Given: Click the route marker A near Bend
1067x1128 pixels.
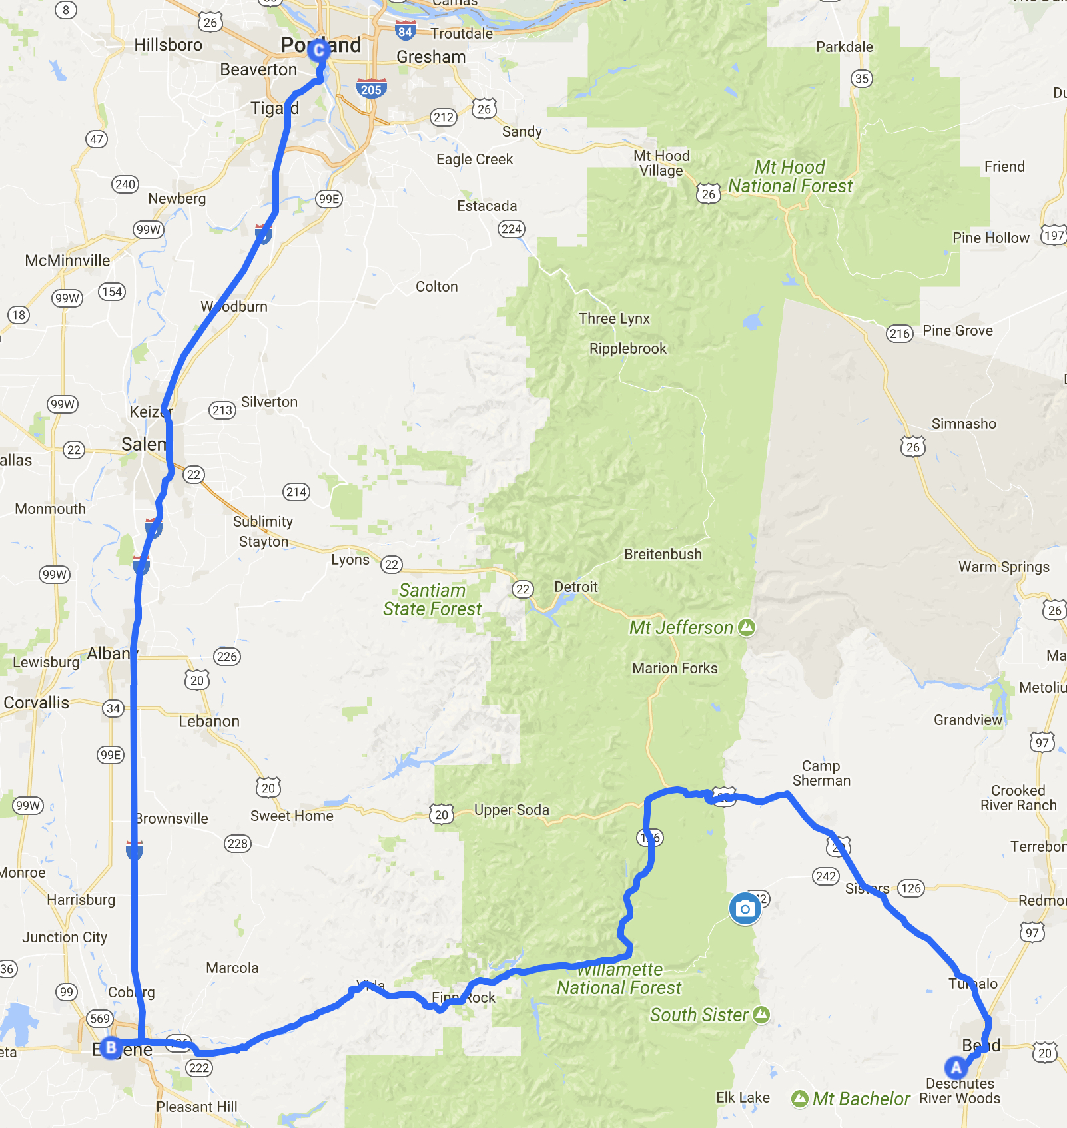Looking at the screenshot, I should tap(956, 1067).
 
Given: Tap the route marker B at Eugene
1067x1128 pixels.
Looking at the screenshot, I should tap(111, 1047).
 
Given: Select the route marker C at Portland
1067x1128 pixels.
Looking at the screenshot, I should tap(319, 49).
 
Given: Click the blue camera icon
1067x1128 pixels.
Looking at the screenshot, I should tap(745, 909).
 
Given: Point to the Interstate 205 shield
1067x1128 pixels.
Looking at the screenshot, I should tap(371, 89).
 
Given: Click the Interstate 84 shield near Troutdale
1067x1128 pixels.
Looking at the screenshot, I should tap(405, 31).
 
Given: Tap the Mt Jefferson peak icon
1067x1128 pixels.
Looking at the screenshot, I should tap(747, 627).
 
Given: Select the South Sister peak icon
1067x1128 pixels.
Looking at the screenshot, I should tap(761, 1014).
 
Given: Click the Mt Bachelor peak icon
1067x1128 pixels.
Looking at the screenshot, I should tap(800, 1099).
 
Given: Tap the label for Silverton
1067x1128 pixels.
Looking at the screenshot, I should tap(269, 402).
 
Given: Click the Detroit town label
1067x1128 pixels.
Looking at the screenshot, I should tap(576, 587).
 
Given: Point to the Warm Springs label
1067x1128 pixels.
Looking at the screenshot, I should tap(1004, 567).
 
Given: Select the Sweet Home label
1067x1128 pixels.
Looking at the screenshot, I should tap(292, 816).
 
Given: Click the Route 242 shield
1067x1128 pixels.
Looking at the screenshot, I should tap(826, 876).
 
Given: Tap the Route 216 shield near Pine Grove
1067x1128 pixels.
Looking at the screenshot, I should tap(900, 334).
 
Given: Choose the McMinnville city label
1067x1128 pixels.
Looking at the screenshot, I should tap(67, 260).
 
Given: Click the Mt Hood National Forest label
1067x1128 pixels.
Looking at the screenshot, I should tap(790, 176).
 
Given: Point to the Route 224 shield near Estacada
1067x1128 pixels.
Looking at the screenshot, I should tap(512, 229).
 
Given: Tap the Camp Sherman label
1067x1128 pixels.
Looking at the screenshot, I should tap(821, 773).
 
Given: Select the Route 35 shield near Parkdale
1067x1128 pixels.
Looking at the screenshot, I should tap(862, 79).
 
